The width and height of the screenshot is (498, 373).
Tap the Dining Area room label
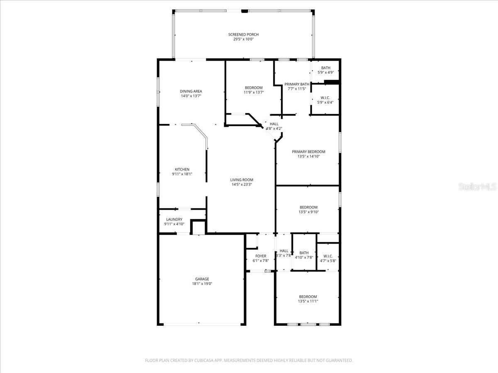pyautogui.click(x=191, y=91)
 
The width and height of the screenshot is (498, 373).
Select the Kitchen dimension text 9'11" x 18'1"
pyautogui.click(x=182, y=174)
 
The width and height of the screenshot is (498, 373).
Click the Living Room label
pyautogui.click(x=242, y=180)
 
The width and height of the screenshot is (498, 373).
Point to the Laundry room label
pyautogui.click(x=174, y=219)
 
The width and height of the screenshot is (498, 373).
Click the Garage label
pyautogui.click(x=202, y=279)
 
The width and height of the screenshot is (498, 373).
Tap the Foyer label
pyautogui.click(x=261, y=256)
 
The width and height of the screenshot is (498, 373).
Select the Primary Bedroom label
pyautogui.click(x=308, y=152)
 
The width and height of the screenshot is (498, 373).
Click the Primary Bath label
pyautogui.click(x=297, y=84)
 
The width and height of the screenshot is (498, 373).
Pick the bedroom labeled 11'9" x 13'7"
pyautogui.click(x=254, y=87)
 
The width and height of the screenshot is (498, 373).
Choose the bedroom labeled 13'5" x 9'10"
pyautogui.click(x=308, y=207)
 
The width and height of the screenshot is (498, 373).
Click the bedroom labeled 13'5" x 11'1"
pyautogui.click(x=308, y=296)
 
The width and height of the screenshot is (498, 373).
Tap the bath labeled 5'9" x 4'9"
pyautogui.click(x=325, y=68)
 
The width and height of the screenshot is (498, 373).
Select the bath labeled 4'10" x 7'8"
pyautogui.click(x=304, y=253)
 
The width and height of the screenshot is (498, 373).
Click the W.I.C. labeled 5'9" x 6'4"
pyautogui.click(x=325, y=98)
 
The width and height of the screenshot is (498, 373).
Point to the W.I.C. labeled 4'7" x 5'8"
pyautogui.click(x=328, y=256)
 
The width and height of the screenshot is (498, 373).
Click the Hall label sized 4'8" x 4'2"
pyautogui.click(x=274, y=124)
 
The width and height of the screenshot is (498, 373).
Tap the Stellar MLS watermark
pyautogui.click(x=477, y=187)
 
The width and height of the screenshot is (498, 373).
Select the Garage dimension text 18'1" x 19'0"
pyautogui.click(x=202, y=284)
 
